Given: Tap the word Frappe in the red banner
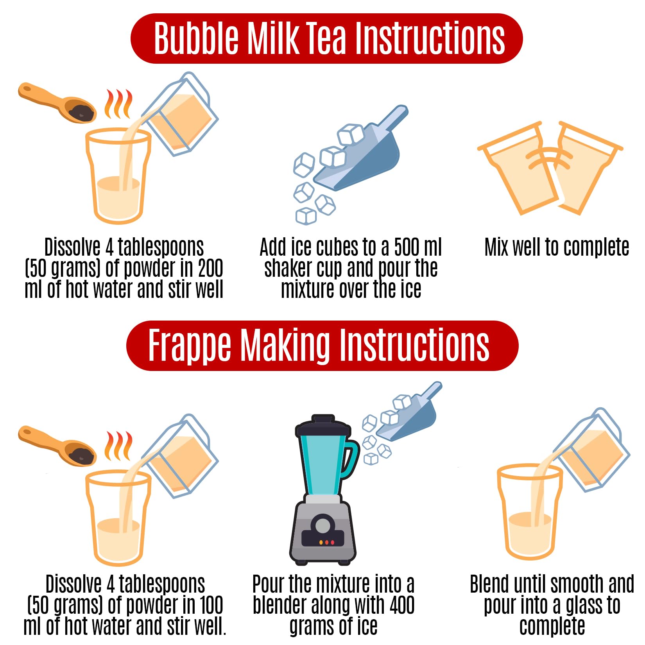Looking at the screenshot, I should (189, 345).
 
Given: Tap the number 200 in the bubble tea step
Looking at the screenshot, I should (210, 269).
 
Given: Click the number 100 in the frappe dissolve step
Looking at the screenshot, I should (210, 605).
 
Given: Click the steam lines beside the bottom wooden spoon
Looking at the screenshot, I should (118, 446).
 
